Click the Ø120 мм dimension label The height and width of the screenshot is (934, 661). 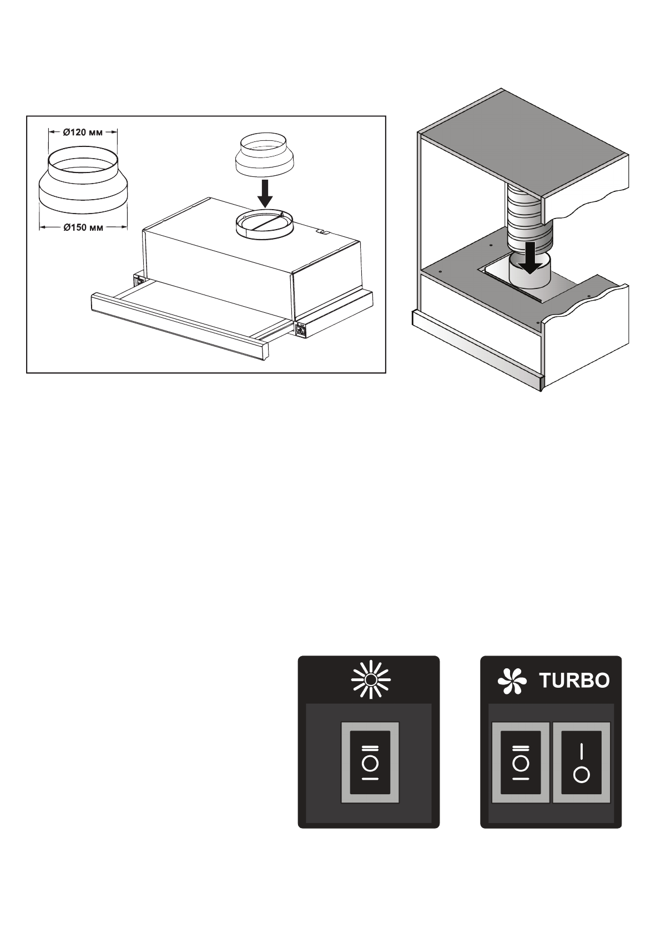coord(83,132)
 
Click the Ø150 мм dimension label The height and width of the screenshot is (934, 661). coord(83,227)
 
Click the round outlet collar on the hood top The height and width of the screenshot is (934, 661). coord(264,225)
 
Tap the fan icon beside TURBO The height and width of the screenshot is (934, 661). coord(511,681)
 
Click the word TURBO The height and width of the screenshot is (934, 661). coord(574,681)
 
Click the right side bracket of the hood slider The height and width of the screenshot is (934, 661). coord(301,329)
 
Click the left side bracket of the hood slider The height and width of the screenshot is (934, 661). coord(137,280)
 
